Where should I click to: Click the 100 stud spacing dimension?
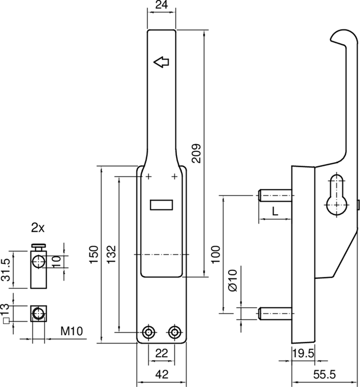(216, 255)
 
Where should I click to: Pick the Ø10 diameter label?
(232, 281)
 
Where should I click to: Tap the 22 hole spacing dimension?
(161, 354)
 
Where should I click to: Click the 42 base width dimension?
(161, 374)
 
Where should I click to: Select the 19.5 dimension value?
(303, 354)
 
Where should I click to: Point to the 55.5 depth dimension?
(326, 374)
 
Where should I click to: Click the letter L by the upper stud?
(274, 211)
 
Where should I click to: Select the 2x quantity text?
(39, 227)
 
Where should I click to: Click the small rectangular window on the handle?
(161, 206)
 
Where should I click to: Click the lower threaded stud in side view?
(275, 314)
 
